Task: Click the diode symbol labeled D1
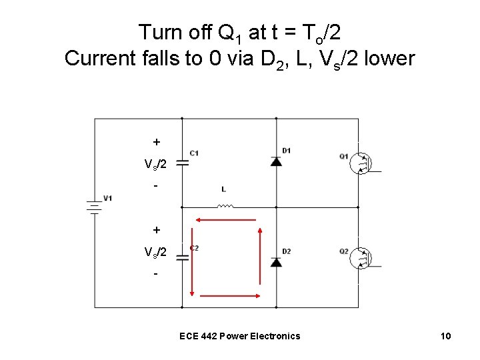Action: (276, 161)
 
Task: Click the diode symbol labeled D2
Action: (276, 262)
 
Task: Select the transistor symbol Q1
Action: (361, 163)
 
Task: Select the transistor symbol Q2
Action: (361, 258)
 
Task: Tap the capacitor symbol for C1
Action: (183, 163)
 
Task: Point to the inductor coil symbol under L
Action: (225, 206)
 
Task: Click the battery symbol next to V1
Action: (94, 207)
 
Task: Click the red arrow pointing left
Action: (226, 220)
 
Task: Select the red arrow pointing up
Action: (260, 256)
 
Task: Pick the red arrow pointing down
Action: (192, 262)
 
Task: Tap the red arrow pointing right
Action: (230, 296)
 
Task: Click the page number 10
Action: (446, 336)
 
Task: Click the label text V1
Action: (108, 198)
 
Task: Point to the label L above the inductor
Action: (224, 189)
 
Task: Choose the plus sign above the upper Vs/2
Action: (157, 142)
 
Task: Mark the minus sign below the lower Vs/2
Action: (156, 274)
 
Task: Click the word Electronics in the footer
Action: (275, 336)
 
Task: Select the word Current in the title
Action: (100, 58)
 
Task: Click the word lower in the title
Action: (389, 58)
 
